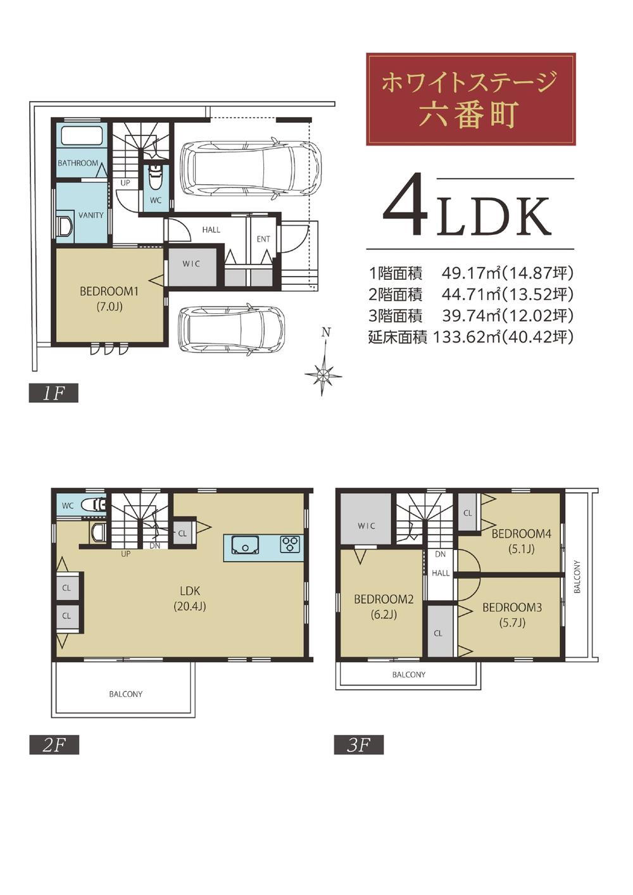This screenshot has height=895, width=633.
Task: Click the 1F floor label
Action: [54, 393]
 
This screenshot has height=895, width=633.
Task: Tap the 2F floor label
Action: [54, 745]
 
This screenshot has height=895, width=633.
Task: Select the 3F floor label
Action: [359, 745]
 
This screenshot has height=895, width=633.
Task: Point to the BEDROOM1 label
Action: [109, 291]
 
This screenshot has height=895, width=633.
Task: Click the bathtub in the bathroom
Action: [81, 137]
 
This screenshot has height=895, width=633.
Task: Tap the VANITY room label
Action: [91, 215]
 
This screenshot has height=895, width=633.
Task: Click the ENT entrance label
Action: [263, 239]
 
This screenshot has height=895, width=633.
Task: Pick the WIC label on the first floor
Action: [191, 264]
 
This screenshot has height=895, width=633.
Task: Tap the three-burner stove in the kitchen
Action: [290, 544]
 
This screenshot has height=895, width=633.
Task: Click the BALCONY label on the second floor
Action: [126, 694]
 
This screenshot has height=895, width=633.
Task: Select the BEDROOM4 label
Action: [521, 534]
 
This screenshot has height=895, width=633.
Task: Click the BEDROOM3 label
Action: [512, 608]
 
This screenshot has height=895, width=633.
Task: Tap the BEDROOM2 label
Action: [384, 599]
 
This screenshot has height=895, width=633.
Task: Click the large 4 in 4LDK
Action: [406, 204]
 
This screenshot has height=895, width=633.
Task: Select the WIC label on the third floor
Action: [367, 526]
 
